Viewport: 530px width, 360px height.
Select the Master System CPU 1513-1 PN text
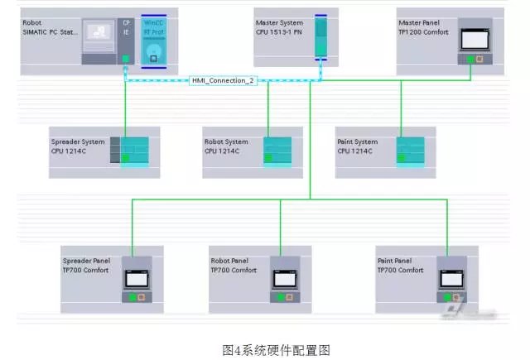(x=281, y=28)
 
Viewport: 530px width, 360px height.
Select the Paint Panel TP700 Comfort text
(x=399, y=266)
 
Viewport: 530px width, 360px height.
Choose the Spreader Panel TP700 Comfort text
(x=88, y=266)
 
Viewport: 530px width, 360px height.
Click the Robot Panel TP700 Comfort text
(x=234, y=266)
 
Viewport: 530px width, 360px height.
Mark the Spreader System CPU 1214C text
(x=78, y=146)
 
